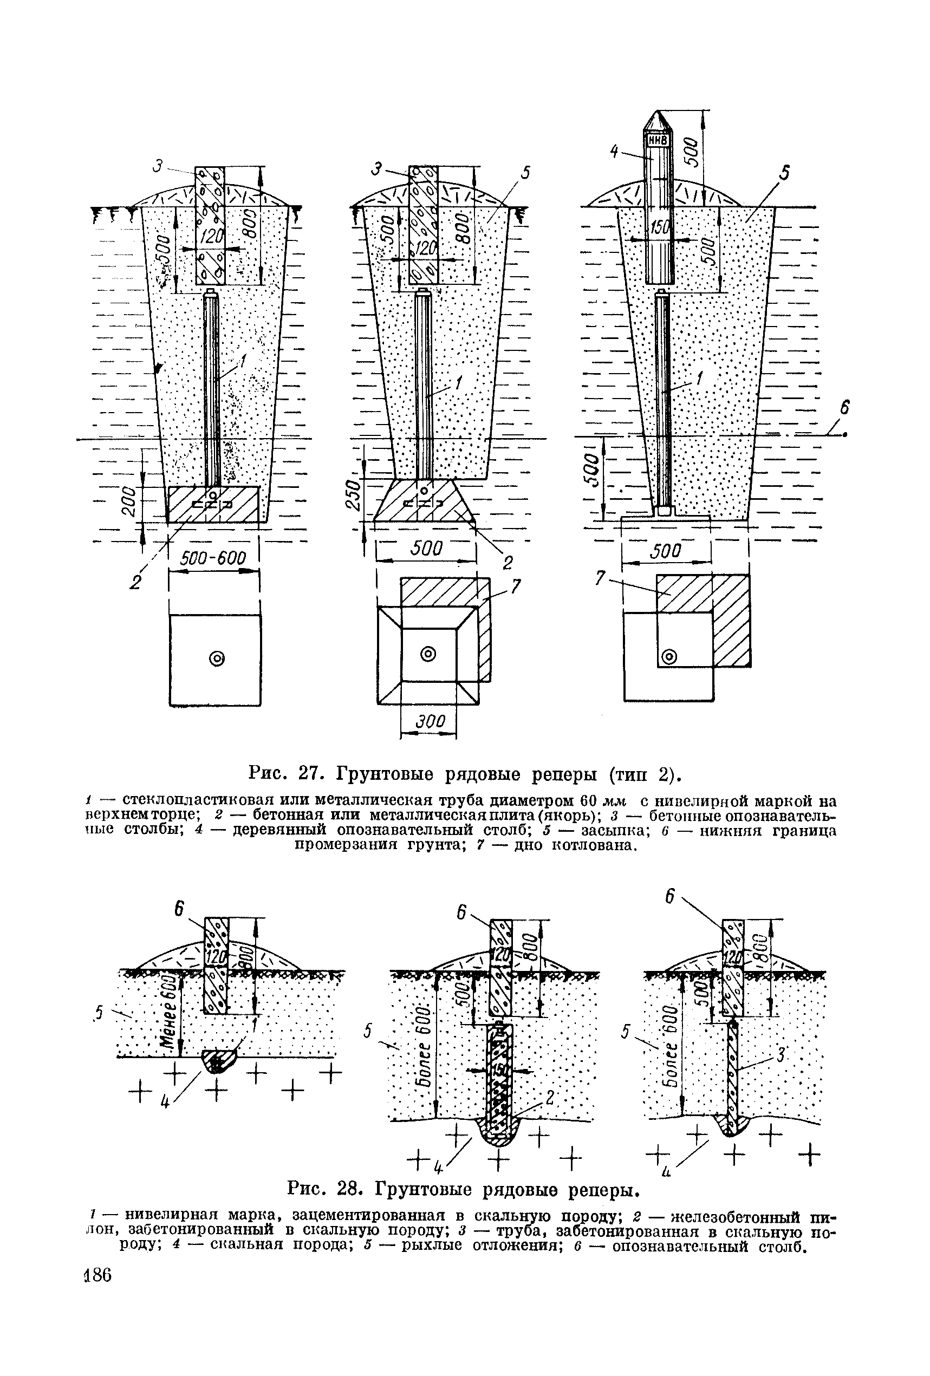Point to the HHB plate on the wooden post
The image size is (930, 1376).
pyautogui.click(x=657, y=141)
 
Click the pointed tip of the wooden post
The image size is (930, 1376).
pyautogui.click(x=657, y=114)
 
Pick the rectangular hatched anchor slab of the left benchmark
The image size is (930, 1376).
pyautogui.click(x=213, y=504)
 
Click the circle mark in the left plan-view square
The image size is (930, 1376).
pyautogui.click(x=217, y=658)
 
